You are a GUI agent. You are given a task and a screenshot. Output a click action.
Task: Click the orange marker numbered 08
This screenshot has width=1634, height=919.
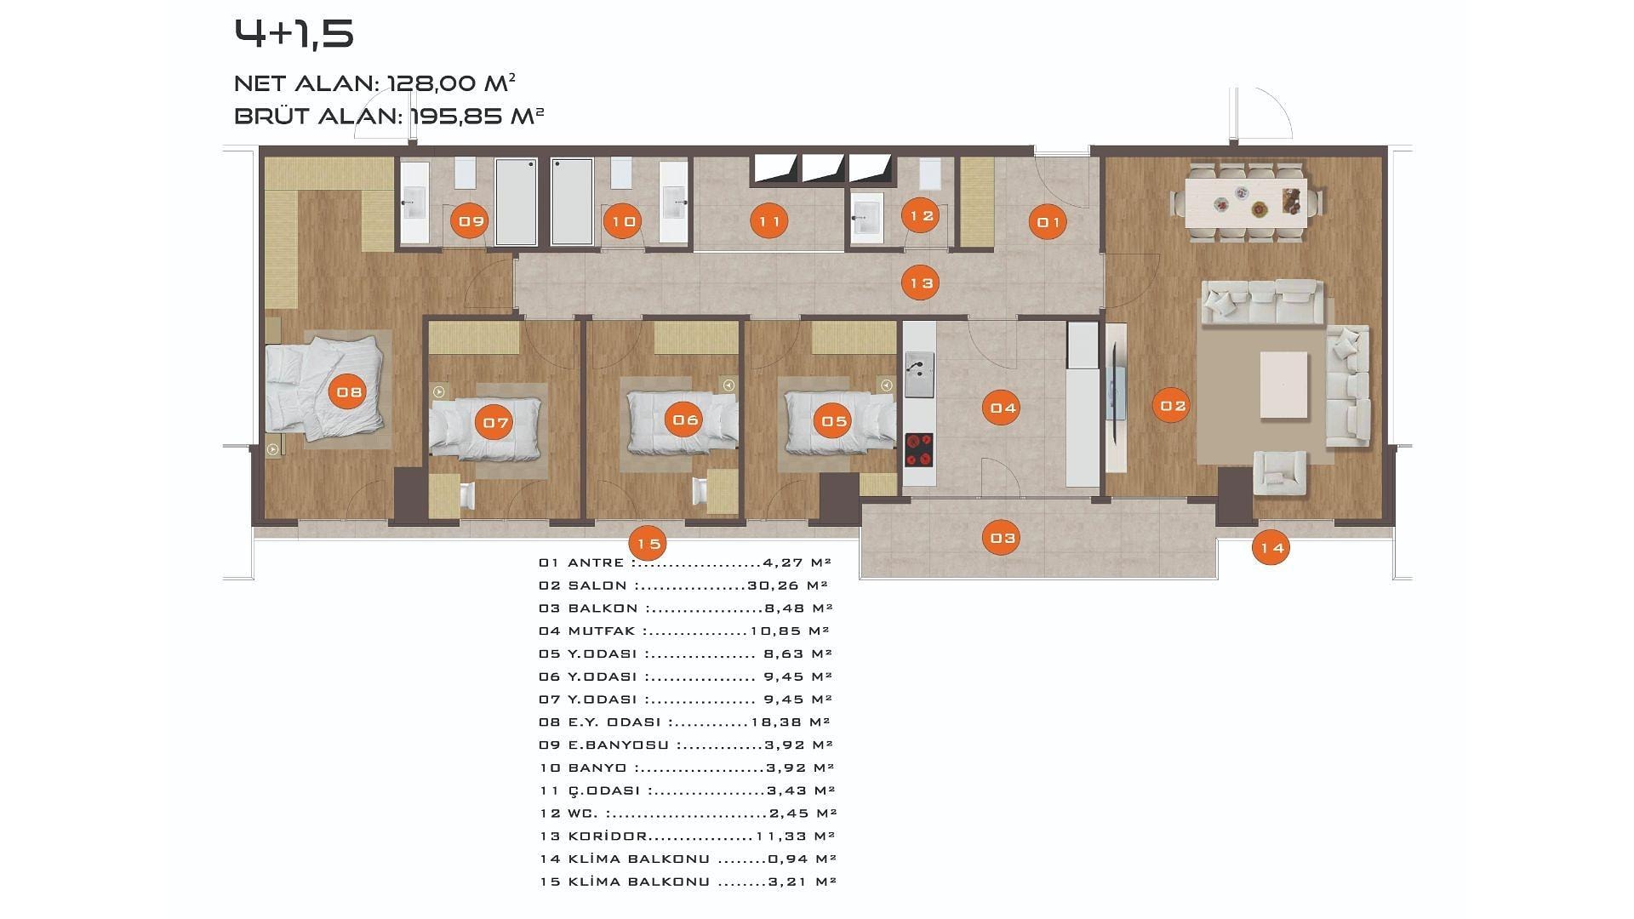click(x=349, y=392)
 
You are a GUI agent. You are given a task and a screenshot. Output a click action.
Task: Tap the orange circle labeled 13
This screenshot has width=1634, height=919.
click(x=921, y=283)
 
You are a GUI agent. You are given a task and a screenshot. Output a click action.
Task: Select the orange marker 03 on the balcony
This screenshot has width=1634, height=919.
click(x=1003, y=538)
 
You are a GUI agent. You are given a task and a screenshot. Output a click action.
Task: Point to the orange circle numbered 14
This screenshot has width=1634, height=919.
click(x=1271, y=548)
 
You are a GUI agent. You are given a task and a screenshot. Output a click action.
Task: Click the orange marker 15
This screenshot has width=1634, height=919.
click(x=648, y=544)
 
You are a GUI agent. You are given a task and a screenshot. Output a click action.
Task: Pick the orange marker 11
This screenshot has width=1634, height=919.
click(x=769, y=221)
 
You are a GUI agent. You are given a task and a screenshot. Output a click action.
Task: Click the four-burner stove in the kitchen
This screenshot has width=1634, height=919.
click(x=919, y=450)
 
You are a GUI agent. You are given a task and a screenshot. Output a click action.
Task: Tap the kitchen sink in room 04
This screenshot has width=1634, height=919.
click(x=919, y=374)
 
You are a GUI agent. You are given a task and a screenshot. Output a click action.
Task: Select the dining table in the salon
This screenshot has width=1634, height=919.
click(x=1248, y=203)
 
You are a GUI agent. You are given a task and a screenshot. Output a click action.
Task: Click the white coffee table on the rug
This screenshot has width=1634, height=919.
click(x=1283, y=385)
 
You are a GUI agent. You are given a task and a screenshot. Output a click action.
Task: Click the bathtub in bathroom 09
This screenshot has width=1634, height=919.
click(x=516, y=202)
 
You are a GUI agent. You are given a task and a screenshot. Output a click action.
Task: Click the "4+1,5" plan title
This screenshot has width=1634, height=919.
click(x=294, y=34)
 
